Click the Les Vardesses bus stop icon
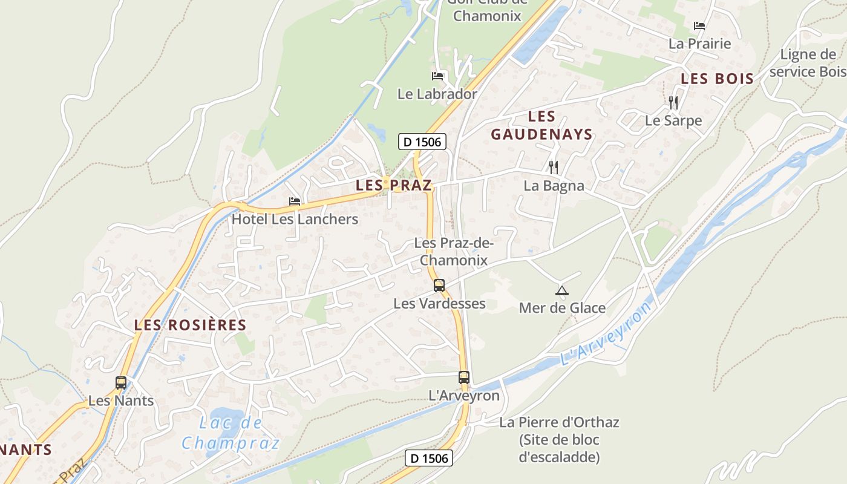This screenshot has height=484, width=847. point(439,285)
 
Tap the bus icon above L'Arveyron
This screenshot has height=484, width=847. point(464,378)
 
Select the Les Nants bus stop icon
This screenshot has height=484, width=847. point(121,383)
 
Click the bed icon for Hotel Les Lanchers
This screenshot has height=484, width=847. point(295,201)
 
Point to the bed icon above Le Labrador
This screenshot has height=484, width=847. point(437,76)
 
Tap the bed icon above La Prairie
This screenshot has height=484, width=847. point(699,26)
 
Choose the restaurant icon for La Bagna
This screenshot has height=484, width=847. point(553,167)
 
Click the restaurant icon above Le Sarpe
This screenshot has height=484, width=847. point(673,102)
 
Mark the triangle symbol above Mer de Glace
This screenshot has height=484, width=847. point(562,291)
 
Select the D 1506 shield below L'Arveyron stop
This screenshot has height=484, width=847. point(429,458)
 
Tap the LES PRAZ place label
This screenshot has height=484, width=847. point(394,185)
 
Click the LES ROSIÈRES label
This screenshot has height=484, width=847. point(191,325)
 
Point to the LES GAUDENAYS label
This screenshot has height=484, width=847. point(541,125)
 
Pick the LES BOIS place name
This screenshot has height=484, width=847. point(718,79)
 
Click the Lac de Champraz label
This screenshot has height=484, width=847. point(231,433)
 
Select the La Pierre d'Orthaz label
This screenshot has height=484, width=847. point(559,439)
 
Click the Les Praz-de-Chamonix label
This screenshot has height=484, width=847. point(454,252)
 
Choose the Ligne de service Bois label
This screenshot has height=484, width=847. point(808,63)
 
